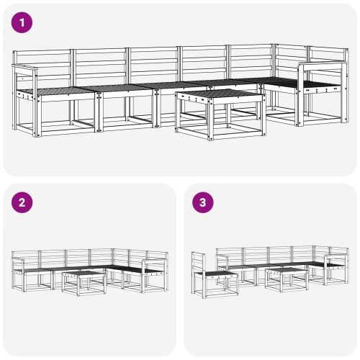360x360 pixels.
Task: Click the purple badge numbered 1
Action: click(x=23, y=22)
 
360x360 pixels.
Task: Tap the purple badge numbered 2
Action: click(x=23, y=202)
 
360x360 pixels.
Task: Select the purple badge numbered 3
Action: click(x=203, y=202)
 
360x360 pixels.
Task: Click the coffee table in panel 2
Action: click(x=83, y=281)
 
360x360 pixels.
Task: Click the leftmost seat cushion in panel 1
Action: click(x=54, y=91)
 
